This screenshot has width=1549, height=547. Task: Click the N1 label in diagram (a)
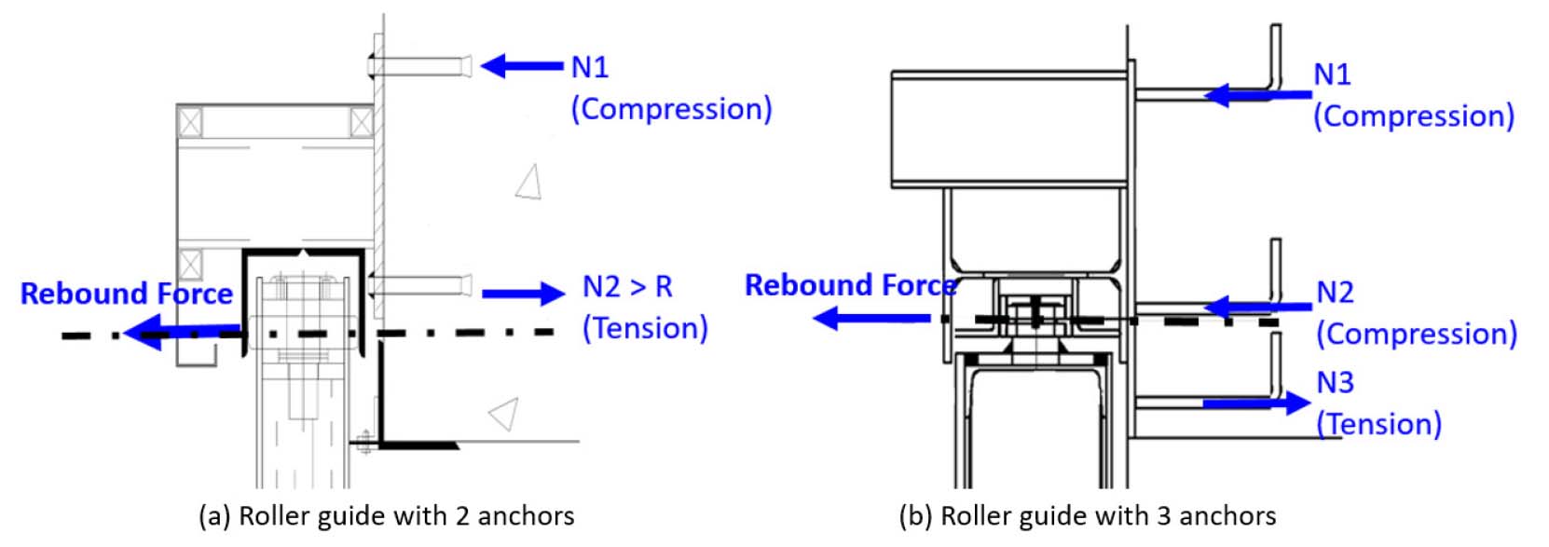point(590,67)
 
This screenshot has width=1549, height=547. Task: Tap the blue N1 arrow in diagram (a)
point(522,66)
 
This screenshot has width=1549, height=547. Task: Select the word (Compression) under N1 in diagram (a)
point(671,109)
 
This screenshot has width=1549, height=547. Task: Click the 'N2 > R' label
point(627,286)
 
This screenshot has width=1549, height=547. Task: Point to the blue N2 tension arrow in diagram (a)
point(524,294)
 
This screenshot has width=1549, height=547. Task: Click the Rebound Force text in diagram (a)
point(127,294)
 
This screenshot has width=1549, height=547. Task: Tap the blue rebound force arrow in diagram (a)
point(182,332)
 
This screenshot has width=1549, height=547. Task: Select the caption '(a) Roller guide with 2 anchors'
point(387,516)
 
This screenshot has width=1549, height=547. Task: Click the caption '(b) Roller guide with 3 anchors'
point(1088,516)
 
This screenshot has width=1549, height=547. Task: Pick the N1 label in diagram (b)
point(1332,74)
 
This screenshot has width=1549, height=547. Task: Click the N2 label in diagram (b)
point(1335,293)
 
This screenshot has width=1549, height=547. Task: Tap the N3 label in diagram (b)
point(1335,382)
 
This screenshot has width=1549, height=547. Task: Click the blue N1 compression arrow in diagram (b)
point(1258,95)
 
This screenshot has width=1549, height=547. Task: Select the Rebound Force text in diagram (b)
point(851,285)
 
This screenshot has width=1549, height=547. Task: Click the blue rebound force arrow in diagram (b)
point(871,318)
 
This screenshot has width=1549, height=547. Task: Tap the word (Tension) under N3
point(1378,424)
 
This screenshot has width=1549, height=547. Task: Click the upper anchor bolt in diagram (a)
point(419,66)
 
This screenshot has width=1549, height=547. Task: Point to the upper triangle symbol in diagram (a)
point(529,181)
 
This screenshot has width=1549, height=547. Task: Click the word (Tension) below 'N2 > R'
point(645,328)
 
